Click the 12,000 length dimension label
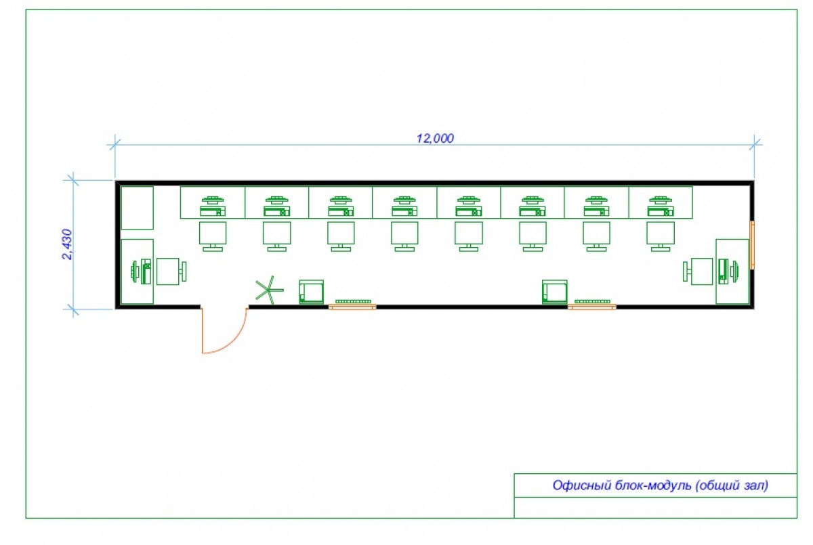point(435,138)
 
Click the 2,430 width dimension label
point(68,244)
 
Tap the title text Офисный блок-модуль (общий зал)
point(660,485)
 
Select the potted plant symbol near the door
point(269,290)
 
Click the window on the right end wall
point(752,245)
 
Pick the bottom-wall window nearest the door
point(352,307)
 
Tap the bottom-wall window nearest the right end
point(591,307)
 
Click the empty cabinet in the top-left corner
point(137,208)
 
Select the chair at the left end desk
point(171,271)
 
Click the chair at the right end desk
point(698,271)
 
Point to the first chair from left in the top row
point(213,236)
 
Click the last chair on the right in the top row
point(661,236)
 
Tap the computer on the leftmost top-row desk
point(213,206)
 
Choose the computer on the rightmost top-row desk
point(661,206)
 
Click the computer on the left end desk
point(141,271)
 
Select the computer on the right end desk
point(728,271)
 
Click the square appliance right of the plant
point(312,292)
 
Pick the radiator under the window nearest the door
point(353,301)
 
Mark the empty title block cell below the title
point(656,507)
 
